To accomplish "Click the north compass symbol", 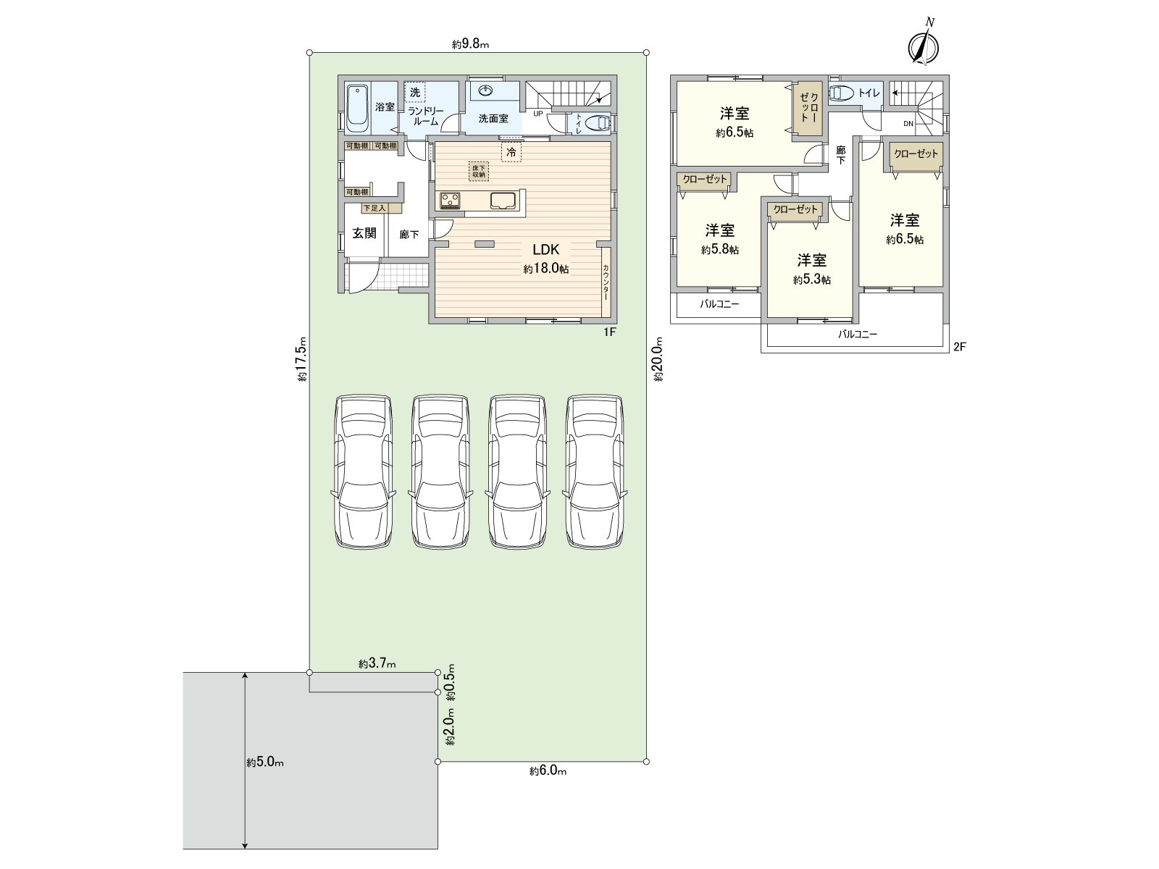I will click(923, 44).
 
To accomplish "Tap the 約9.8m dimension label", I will click(471, 44).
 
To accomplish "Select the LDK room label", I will click(545, 250).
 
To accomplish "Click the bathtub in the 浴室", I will click(358, 109).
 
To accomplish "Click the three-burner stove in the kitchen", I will click(449, 200).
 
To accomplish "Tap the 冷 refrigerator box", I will click(511, 152).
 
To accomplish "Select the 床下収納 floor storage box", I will click(479, 171).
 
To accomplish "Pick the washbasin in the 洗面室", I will click(485, 91).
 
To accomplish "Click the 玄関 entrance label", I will click(364, 233).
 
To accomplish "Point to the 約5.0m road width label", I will click(264, 762).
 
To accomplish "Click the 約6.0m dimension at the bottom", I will click(548, 771).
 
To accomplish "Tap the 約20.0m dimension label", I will click(658, 358).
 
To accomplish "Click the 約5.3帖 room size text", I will click(811, 280).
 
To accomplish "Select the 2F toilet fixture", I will click(842, 93).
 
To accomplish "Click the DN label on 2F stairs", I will click(908, 124).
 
